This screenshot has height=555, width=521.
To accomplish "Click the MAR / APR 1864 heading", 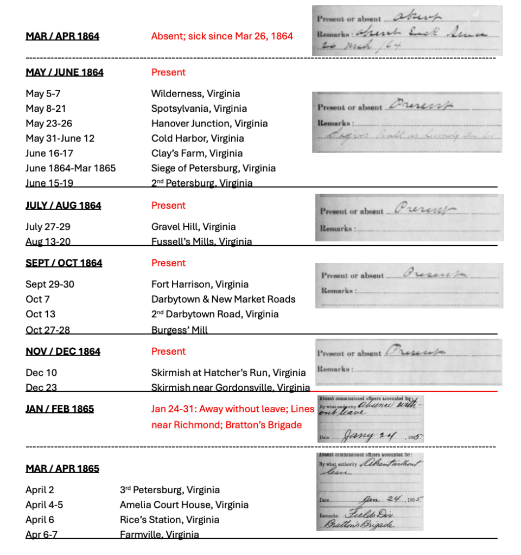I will click(x=62, y=36).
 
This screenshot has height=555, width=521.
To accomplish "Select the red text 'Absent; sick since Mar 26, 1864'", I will click(x=222, y=36).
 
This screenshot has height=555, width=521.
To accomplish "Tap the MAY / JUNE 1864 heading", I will click(x=65, y=72).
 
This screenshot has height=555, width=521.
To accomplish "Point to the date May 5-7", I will click(x=43, y=94).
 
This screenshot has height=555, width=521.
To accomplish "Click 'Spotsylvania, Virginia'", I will click(x=199, y=109).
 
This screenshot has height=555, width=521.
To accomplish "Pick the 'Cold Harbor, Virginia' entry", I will click(x=198, y=138).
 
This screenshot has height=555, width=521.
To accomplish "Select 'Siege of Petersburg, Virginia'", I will click(x=213, y=168).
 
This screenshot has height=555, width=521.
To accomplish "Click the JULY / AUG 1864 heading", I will click(x=63, y=206).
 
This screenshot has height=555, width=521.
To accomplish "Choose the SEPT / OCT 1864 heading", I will click(x=64, y=263).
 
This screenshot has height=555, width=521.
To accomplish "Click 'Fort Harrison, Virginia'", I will click(x=200, y=284).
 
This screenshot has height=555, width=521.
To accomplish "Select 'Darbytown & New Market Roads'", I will click(x=223, y=299).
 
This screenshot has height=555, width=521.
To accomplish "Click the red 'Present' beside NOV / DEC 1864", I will click(x=168, y=352).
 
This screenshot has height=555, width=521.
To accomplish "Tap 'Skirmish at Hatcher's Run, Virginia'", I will click(x=228, y=373).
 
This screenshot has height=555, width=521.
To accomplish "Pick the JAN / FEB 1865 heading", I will click(x=60, y=409).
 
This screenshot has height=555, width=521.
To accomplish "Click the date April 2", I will click(x=40, y=490).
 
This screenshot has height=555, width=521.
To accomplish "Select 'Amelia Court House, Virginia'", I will click(x=184, y=505).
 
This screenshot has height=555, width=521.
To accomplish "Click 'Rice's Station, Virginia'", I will click(x=169, y=520).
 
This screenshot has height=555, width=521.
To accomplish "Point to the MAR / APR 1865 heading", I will click(x=62, y=468).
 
